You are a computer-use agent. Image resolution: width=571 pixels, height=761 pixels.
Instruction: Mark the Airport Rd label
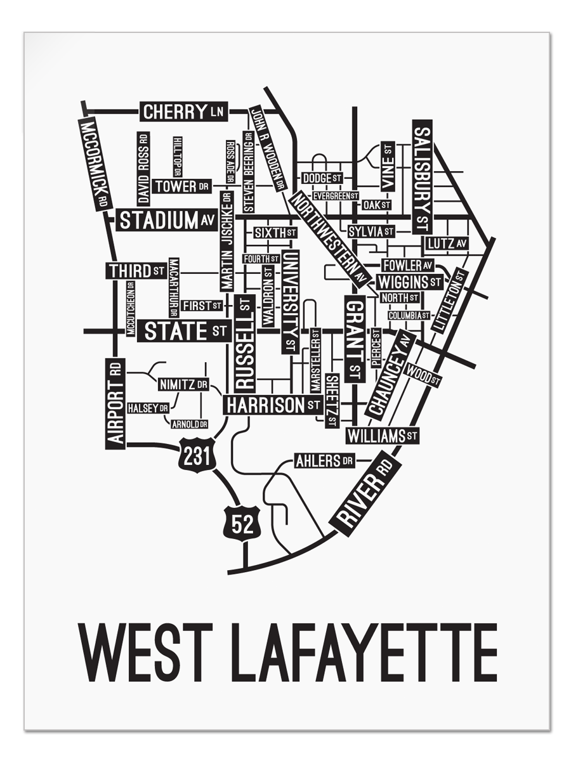115,403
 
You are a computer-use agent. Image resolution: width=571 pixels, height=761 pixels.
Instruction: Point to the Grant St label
355,339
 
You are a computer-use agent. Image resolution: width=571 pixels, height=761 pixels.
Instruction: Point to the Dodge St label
322,178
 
